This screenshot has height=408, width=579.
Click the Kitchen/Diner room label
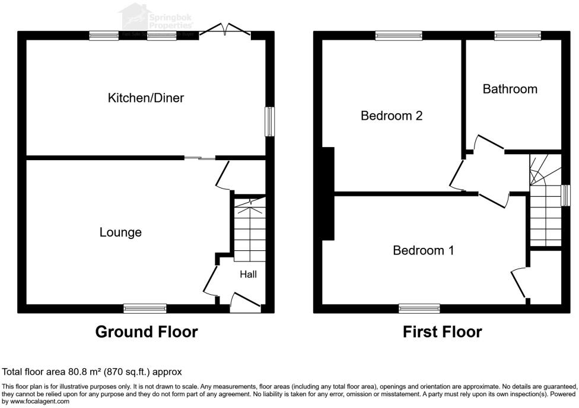click(x=145, y=98)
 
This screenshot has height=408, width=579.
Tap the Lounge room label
click(x=120, y=232)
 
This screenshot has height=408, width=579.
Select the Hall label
click(x=248, y=275)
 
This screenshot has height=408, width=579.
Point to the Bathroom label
click(x=510, y=89)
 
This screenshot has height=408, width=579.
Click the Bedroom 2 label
click(x=392, y=116)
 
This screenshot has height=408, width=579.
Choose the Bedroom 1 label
click(x=424, y=251)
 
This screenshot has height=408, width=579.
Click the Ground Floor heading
click(x=147, y=332)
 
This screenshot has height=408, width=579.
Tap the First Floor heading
click(x=442, y=332)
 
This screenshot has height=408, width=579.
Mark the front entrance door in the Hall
click(x=245, y=304)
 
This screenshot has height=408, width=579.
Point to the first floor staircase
click(x=545, y=202)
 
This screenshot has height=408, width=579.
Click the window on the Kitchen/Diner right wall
click(x=270, y=122)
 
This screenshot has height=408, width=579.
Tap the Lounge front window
click(x=145, y=308)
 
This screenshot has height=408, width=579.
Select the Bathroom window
click(x=518, y=36)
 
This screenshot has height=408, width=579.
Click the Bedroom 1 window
click(x=419, y=308)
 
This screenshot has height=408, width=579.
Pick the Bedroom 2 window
click(x=399, y=36)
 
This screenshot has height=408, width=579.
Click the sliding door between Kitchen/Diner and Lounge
click(x=199, y=158)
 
